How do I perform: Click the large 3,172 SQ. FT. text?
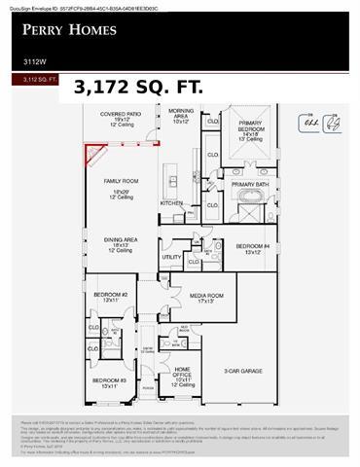tap(137, 87)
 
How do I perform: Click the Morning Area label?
tap(181, 117)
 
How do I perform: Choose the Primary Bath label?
tap(250, 184)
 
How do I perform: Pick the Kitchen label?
tap(171, 202)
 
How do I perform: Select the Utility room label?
tap(171, 258)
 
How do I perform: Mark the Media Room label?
tap(206, 298)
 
